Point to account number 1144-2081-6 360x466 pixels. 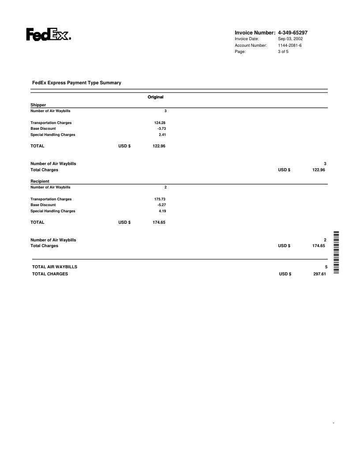(x=290, y=45)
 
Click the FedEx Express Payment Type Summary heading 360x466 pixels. (x=77, y=83)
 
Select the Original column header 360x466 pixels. (x=156, y=97)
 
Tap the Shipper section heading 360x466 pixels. (x=38, y=105)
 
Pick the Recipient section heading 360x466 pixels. (x=40, y=181)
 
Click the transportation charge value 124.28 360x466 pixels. (x=159, y=123)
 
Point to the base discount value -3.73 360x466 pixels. (x=161, y=128)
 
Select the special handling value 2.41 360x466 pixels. (x=162, y=135)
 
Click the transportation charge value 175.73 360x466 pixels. (x=159, y=199)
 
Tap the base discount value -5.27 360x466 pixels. (x=161, y=205)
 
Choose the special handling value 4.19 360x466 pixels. (x=162, y=211)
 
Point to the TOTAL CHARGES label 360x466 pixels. (x=50, y=274)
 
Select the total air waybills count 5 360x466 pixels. (x=326, y=267)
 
